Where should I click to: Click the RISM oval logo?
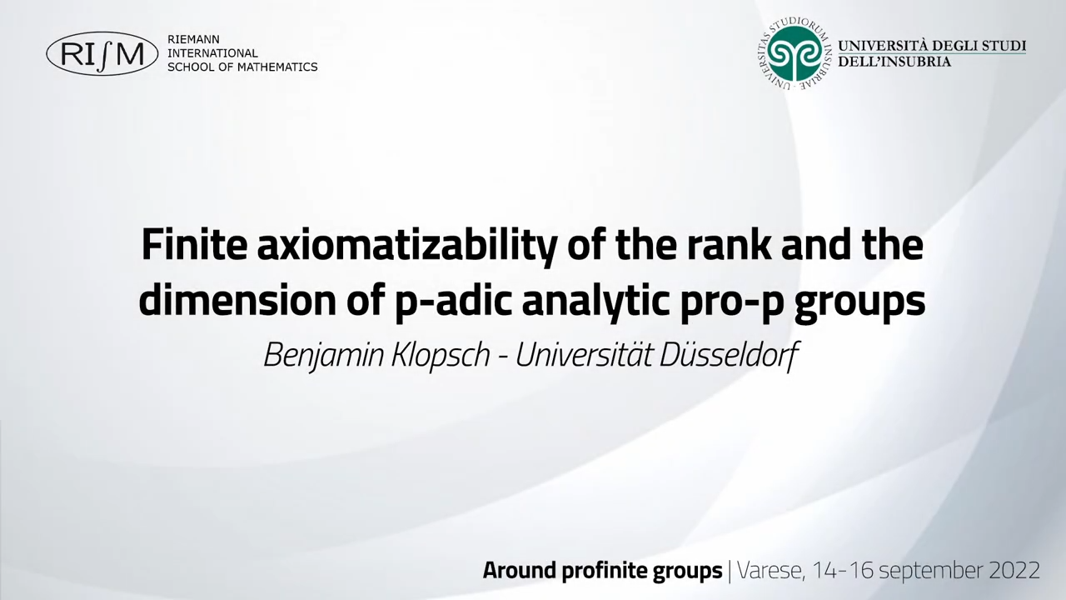[x=102, y=54]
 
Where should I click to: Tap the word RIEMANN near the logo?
[x=193, y=39]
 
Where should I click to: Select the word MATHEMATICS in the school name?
[x=277, y=67]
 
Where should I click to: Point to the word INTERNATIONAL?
[x=212, y=53]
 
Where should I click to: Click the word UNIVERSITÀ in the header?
[x=882, y=46]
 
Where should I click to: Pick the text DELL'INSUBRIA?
[x=894, y=62]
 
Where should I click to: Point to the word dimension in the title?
[x=237, y=301]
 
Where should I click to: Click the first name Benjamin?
[x=324, y=356]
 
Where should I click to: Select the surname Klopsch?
[x=441, y=356]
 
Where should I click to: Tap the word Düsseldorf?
[x=727, y=355]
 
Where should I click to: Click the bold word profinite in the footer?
[x=602, y=570]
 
